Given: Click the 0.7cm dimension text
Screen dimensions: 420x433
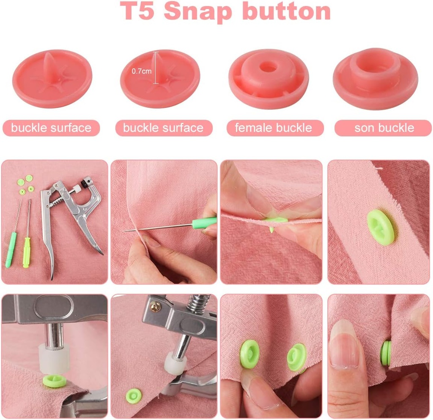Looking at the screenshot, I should tap(141, 71).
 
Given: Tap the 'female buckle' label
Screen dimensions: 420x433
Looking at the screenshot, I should tap(273, 128).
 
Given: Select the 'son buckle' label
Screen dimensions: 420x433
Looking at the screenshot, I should tap(384, 128).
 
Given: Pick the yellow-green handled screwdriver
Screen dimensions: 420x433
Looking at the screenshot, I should tap(27, 249).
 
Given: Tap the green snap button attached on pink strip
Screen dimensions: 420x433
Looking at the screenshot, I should tap(380, 227).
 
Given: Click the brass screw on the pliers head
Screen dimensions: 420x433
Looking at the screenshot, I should tap(156, 307).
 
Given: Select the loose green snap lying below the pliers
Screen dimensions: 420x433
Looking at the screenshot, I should tap(134, 395).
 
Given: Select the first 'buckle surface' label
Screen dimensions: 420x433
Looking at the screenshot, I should tap(51, 128).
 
